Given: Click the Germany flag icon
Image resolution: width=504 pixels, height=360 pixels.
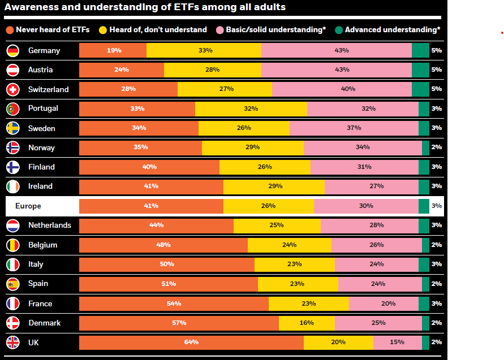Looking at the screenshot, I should (x=13, y=51).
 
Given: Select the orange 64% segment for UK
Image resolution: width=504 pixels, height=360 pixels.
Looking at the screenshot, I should (x=191, y=342).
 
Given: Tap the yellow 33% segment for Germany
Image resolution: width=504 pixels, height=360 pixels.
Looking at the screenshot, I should (x=204, y=50).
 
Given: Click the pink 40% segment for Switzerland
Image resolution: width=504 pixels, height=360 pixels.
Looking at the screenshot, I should (x=342, y=89).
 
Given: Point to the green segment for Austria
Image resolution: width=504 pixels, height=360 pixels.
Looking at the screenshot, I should (x=420, y=70).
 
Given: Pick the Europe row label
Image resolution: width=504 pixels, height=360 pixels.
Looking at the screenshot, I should (x=28, y=206).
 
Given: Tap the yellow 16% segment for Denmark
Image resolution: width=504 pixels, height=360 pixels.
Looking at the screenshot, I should (x=307, y=323).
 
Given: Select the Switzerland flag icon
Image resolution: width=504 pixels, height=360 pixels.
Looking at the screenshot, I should (x=13, y=89).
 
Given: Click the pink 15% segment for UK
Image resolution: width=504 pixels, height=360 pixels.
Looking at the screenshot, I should (x=397, y=342).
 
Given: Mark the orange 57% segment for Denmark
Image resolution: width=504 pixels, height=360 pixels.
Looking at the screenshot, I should (x=179, y=323).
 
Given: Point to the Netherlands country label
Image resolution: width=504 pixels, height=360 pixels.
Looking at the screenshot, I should (x=50, y=225).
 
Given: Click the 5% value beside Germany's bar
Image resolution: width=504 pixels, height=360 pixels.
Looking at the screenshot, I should (x=436, y=50).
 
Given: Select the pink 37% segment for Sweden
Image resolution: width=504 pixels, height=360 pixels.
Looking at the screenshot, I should (x=354, y=128).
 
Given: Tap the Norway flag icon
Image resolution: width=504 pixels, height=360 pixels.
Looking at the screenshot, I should (x=13, y=148).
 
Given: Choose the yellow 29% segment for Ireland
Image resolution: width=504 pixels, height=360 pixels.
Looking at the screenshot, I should (x=274, y=186).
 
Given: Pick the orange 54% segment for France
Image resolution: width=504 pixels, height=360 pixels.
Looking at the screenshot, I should (x=174, y=303).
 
